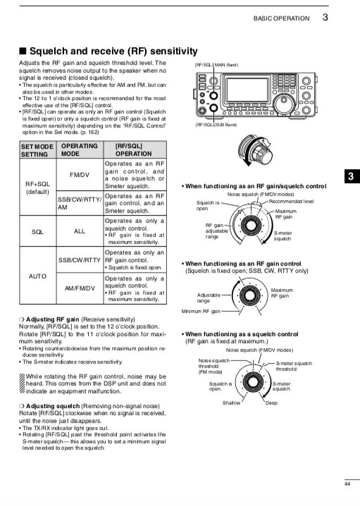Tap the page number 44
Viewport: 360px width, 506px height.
click(x=347, y=483)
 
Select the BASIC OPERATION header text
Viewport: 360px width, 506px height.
click(x=283, y=18)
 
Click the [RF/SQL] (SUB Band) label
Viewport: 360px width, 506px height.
click(x=216, y=125)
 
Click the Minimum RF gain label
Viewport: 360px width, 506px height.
click(x=201, y=311)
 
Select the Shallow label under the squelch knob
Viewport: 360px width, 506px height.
click(x=231, y=402)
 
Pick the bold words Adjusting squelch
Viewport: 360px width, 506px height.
click(x=53, y=407)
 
